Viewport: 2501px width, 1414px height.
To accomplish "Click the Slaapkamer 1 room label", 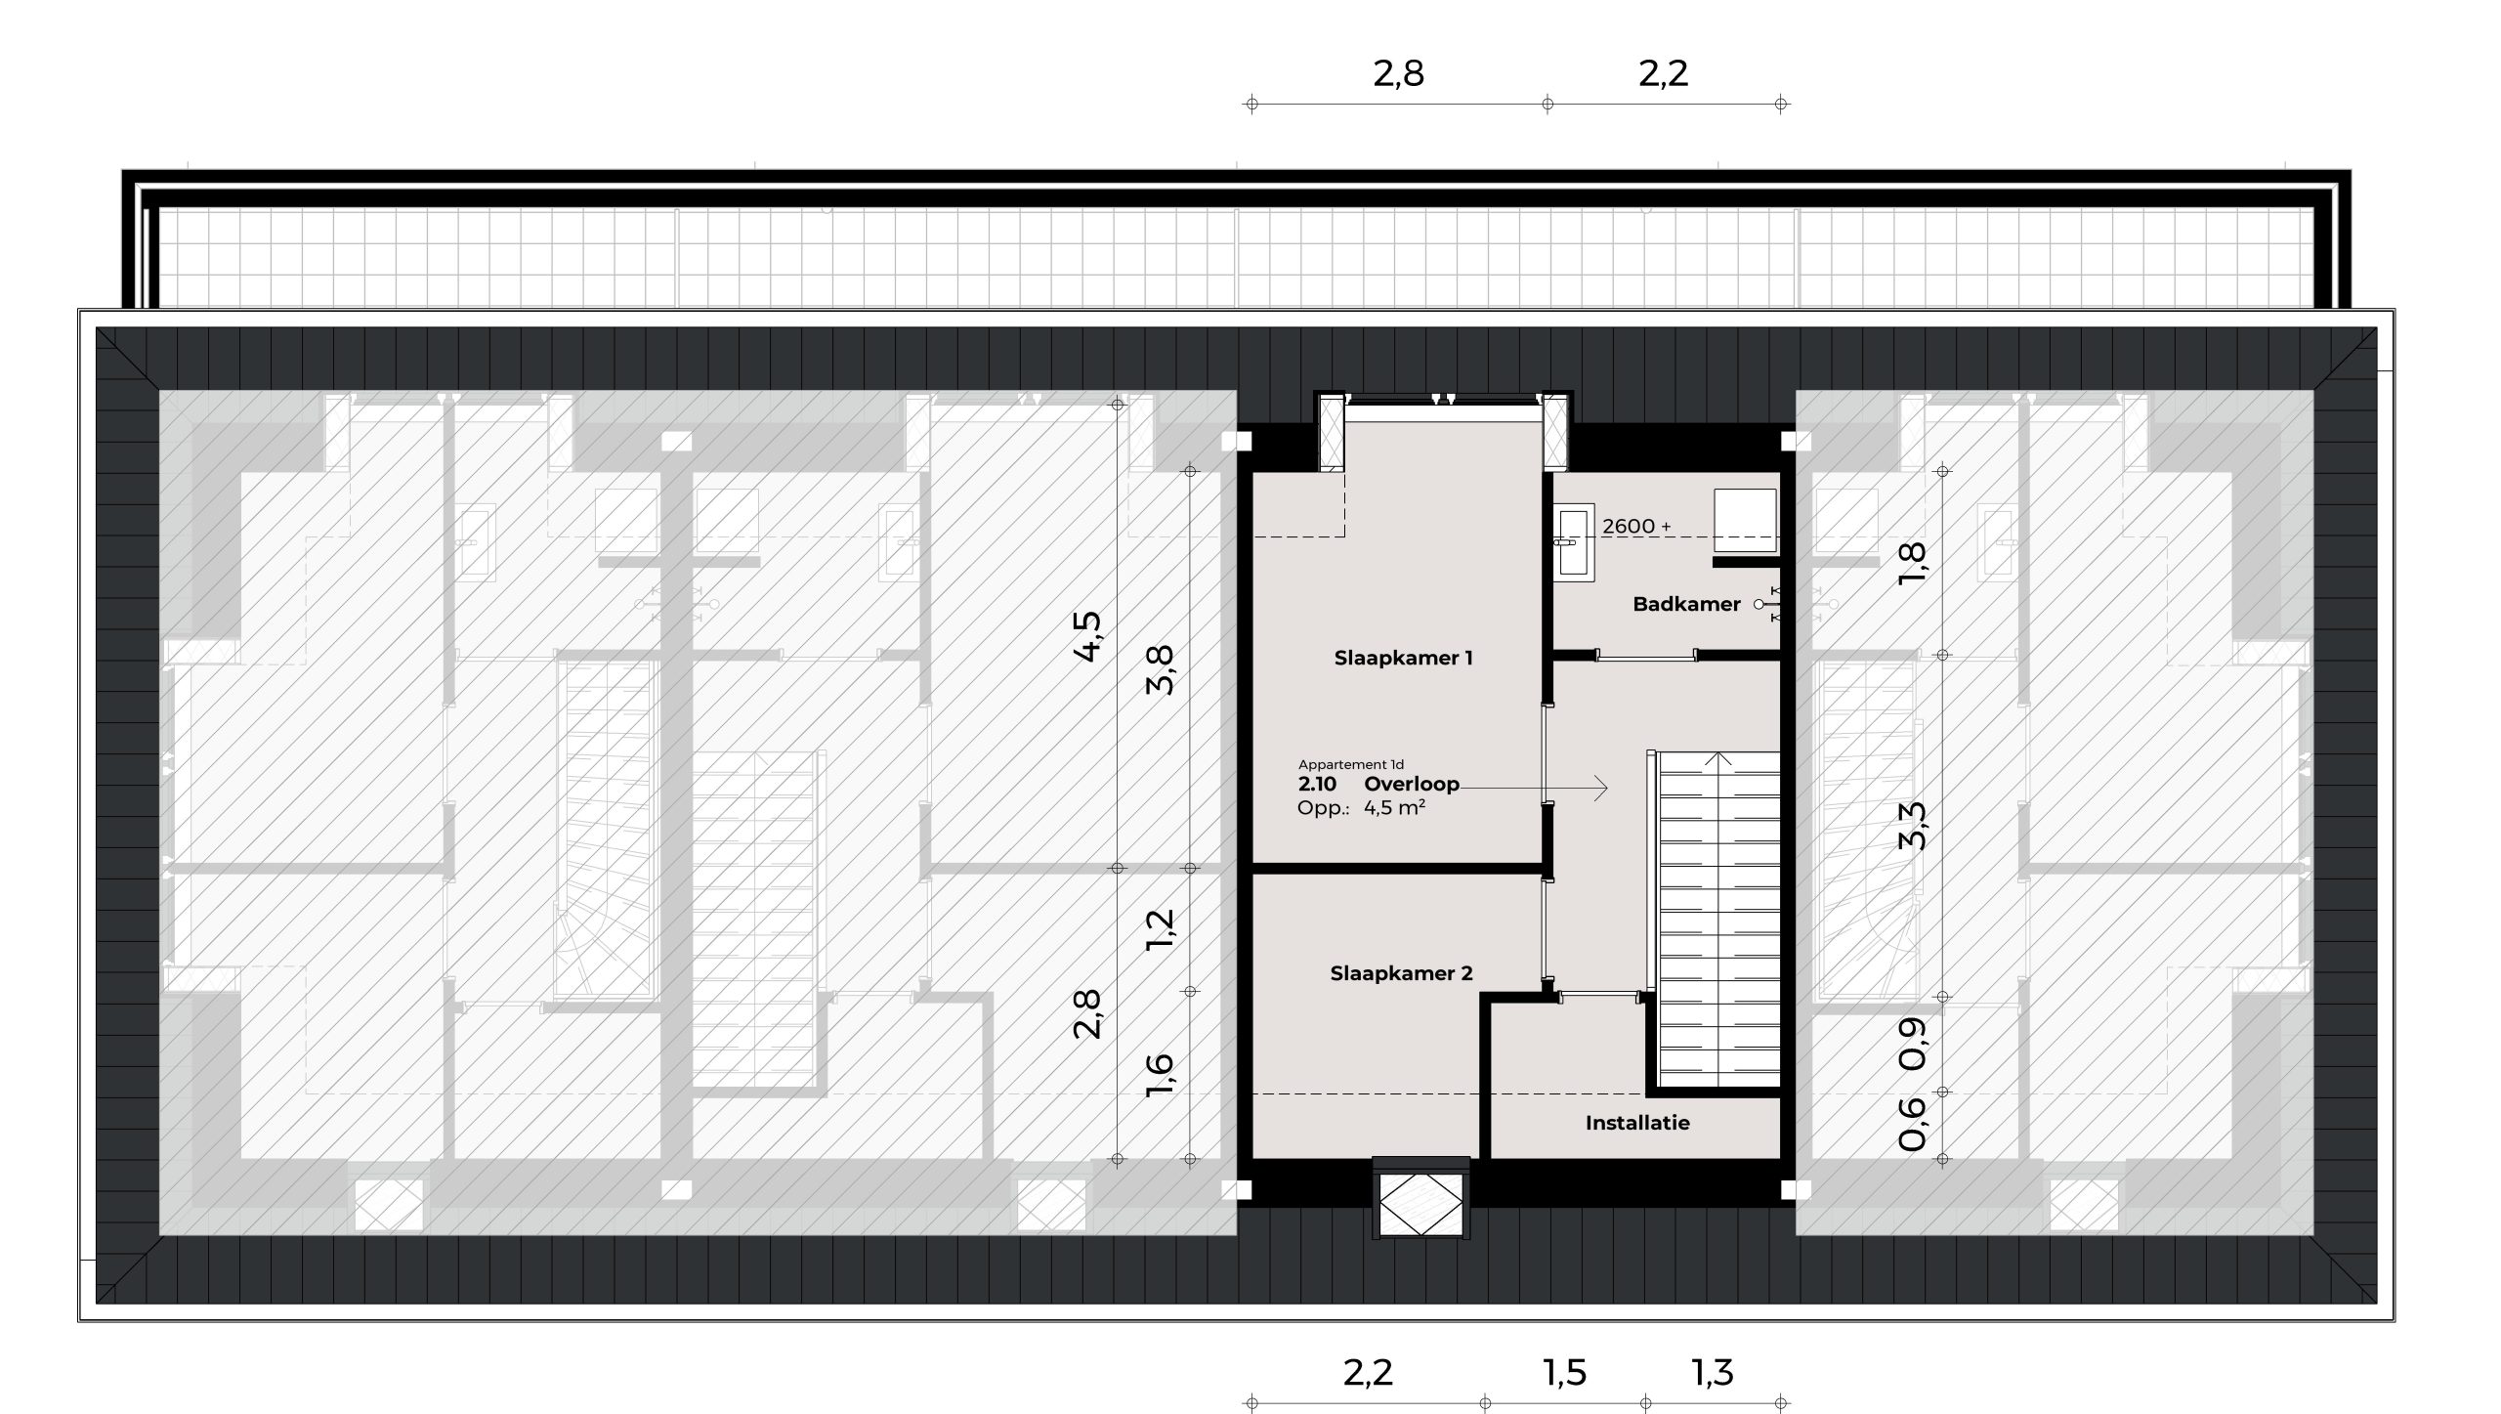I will pyautogui.click(x=1403, y=659).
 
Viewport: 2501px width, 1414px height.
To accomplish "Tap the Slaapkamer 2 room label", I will pyautogui.click(x=1401, y=973).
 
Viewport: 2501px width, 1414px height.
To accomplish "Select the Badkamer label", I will pyautogui.click(x=1686, y=605).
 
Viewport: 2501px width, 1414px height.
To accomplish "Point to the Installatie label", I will pyautogui.click(x=1637, y=1123).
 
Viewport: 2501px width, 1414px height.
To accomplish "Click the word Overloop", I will pyautogui.click(x=1412, y=784).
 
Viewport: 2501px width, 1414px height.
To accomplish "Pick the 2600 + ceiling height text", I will pyautogui.click(x=1636, y=527).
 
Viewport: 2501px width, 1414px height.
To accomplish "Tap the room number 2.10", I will pyautogui.click(x=1317, y=784).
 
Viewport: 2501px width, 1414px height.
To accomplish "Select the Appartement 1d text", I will pyautogui.click(x=1351, y=764).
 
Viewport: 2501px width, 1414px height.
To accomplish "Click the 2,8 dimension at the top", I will pyautogui.click(x=1398, y=74).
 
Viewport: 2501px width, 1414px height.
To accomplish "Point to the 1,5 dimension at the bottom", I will pyautogui.click(x=1564, y=1373).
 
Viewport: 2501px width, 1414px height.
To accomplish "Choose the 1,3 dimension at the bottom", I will pyautogui.click(x=1713, y=1373).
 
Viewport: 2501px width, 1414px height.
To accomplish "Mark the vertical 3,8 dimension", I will pyautogui.click(x=1160, y=669).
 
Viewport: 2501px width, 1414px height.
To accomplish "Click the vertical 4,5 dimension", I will pyautogui.click(x=1087, y=636).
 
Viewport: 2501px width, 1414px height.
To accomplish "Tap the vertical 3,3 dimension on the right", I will pyautogui.click(x=1912, y=826).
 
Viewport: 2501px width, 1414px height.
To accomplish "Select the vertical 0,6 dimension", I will pyautogui.click(x=1912, y=1124).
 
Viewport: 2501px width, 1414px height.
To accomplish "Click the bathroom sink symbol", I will pyautogui.click(x=1572, y=542).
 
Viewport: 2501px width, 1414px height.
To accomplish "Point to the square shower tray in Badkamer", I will pyautogui.click(x=1745, y=519).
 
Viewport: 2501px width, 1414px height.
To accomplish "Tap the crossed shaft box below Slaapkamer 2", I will pyautogui.click(x=1421, y=1205).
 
